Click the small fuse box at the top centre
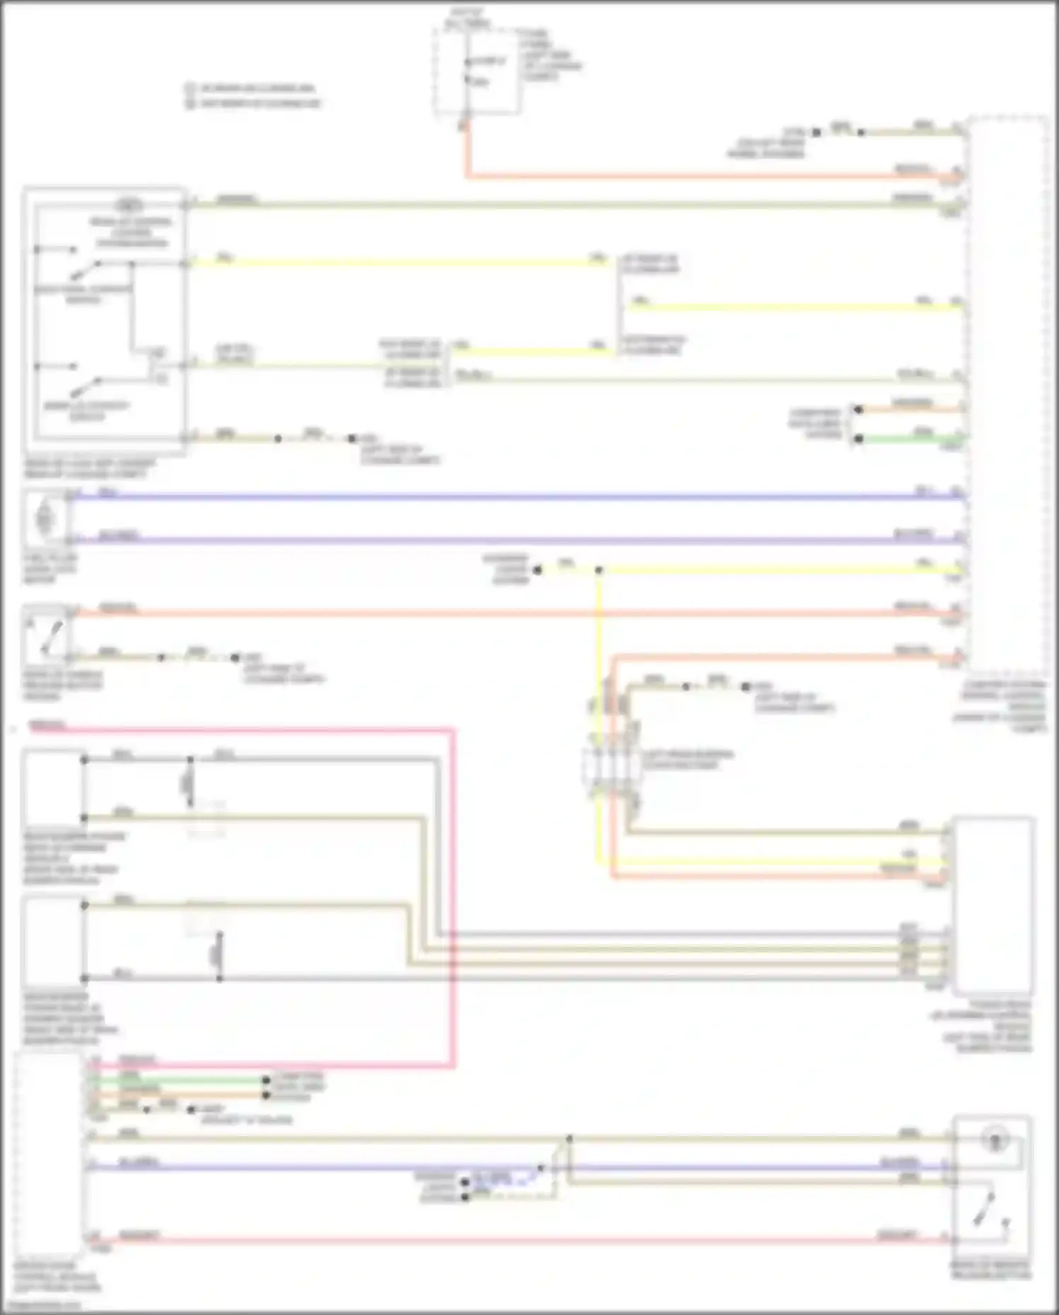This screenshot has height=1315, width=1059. point(478,71)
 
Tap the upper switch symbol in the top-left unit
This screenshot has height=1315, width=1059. point(85,271)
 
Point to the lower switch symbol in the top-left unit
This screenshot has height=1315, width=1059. point(85,387)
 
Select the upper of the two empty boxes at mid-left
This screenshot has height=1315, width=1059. point(54,788)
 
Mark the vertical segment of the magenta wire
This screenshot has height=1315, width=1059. point(452,897)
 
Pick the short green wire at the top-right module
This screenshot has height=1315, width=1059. point(911,440)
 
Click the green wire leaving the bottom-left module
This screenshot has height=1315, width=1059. point(177,1080)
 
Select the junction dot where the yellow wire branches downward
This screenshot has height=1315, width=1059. point(598,570)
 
